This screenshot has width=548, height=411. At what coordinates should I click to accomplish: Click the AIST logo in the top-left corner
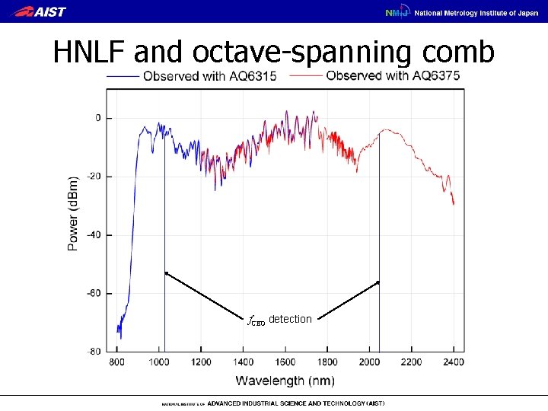point(40,11)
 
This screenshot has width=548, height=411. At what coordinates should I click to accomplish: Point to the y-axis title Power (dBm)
point(73,215)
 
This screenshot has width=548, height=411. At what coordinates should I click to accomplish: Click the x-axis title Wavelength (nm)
point(285,380)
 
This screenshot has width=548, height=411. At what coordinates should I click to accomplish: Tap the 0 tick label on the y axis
point(98,118)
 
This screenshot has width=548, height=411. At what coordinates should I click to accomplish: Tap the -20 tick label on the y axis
point(93,177)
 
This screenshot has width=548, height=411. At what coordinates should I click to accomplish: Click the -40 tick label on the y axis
point(93,235)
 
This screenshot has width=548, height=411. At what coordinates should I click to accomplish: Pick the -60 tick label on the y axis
point(93,293)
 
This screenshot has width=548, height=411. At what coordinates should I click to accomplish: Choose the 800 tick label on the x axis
point(117,362)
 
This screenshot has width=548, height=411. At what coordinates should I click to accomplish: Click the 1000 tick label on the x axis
point(159,362)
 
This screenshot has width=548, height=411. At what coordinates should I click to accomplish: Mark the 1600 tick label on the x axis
point(285,362)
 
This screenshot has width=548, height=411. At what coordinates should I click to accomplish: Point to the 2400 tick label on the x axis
point(454,362)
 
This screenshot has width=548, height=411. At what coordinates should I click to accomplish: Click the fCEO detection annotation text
point(279,320)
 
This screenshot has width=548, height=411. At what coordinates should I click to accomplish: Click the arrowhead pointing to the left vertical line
point(166,272)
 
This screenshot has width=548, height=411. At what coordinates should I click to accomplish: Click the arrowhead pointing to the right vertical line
point(377,282)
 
